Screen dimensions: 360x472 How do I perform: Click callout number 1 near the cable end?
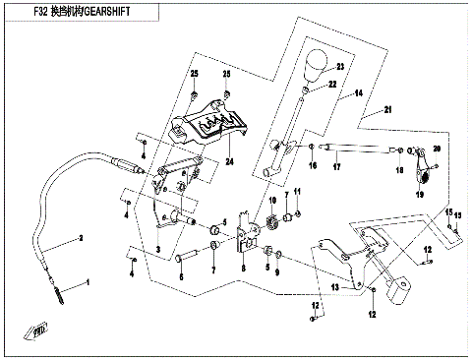pyautogui.click(x=86, y=282)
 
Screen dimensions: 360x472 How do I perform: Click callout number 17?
pyautogui.click(x=335, y=166)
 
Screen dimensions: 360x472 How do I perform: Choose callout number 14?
pyautogui.click(x=360, y=92)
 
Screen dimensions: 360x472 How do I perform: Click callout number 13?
pyautogui.click(x=334, y=287)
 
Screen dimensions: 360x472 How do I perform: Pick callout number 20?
pyautogui.click(x=439, y=148)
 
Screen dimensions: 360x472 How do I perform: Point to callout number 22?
pyautogui.click(x=333, y=85)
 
